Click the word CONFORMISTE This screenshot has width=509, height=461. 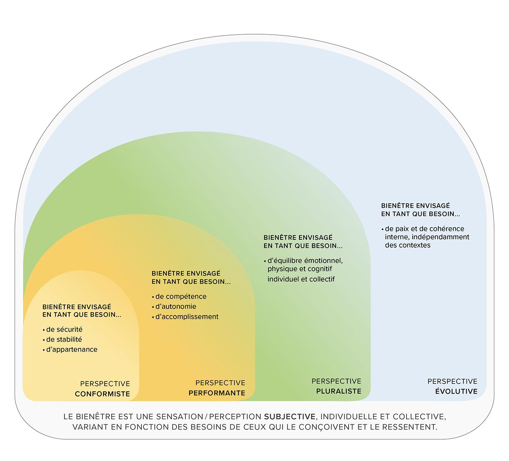click(102, 394)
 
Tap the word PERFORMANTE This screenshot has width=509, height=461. click(217, 393)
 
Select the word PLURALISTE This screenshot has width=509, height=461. click(339, 391)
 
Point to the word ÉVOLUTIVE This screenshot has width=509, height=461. click(456, 391)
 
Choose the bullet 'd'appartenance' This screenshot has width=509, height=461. click(71, 349)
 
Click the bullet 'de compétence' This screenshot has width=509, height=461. click(181, 297)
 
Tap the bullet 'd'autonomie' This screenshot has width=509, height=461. click(176, 307)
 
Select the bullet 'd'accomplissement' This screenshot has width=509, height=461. click(187, 316)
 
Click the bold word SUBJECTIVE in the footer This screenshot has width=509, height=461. click(289, 416)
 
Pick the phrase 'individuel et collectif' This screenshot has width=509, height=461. click(301, 279)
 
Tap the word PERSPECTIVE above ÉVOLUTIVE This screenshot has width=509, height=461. click(452, 381)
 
